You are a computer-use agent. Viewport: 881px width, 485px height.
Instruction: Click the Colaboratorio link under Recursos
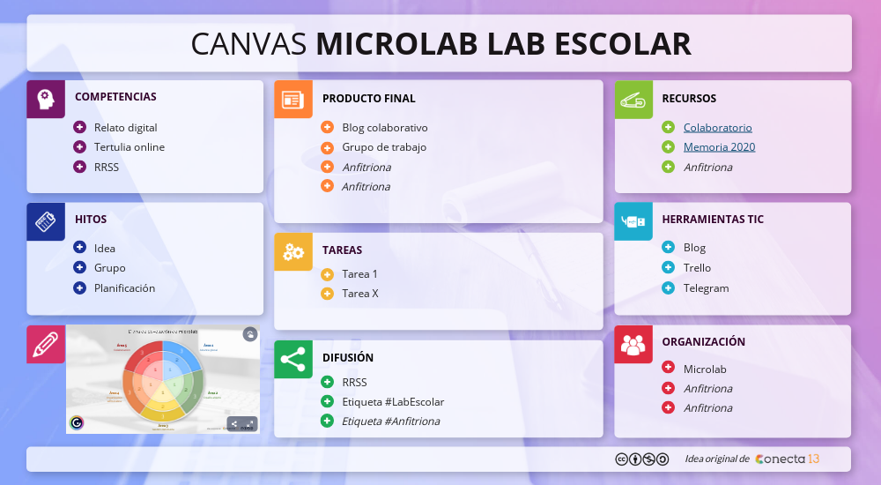coord(717,127)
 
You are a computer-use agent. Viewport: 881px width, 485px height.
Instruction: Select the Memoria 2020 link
coord(719,146)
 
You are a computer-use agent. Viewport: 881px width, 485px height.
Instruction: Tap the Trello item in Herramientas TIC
coord(697,267)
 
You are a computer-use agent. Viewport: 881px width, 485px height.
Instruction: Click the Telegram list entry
coord(706,287)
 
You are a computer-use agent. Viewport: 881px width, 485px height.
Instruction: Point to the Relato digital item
coord(125,127)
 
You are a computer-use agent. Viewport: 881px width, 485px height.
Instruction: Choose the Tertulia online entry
coord(129,146)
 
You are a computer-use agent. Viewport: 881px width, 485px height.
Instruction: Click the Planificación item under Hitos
coord(124,287)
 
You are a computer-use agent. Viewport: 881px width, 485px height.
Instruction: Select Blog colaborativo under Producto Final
coord(384,127)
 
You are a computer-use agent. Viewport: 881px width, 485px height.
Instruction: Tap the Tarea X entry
coord(359,293)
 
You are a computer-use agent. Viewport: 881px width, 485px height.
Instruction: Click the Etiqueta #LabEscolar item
coord(392,401)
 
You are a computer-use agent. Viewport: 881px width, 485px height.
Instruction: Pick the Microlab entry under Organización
coord(705,369)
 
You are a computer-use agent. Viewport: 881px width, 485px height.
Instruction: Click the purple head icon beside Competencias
coord(46,99)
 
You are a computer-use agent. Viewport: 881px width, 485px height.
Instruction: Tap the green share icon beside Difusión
coord(292,359)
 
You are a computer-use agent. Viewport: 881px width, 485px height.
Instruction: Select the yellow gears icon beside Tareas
coord(292,252)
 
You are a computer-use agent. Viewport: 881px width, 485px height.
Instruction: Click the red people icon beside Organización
coord(633,344)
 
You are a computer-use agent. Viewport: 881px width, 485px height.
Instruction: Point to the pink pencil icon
coord(46,344)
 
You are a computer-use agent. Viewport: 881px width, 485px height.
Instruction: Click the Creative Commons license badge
coord(635,459)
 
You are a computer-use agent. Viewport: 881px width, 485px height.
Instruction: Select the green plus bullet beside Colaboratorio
coord(668,127)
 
